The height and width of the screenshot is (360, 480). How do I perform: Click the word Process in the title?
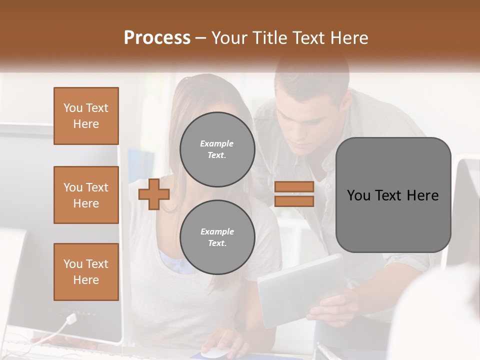click(157, 38)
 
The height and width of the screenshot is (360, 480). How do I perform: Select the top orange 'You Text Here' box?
click(86, 116)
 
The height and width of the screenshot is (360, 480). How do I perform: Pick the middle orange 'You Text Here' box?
click(86, 195)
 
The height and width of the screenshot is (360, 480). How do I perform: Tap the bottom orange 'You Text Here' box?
click(86, 272)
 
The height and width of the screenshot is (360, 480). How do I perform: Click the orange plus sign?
click(154, 194)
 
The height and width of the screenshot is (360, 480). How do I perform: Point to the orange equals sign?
click(294, 194)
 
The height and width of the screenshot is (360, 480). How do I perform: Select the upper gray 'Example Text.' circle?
click(217, 149)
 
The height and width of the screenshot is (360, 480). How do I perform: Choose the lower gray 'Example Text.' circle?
click(217, 237)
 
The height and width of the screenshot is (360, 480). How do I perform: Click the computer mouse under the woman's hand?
click(215, 353)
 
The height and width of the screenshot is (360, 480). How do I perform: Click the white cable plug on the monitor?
click(71, 318)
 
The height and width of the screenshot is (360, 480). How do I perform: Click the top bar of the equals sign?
click(294, 187)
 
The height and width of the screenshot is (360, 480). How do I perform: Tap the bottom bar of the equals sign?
click(294, 201)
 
